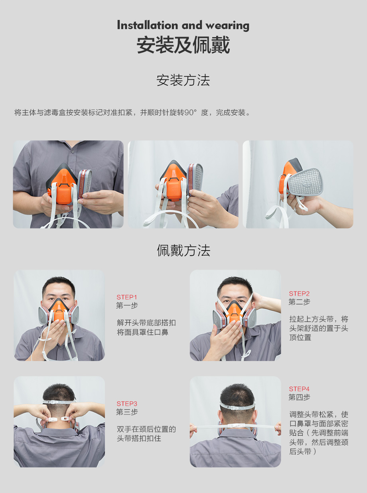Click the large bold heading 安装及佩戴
(x=183, y=45)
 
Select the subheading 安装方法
(x=183, y=80)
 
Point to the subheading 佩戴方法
(x=183, y=250)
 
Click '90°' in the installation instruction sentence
(x=191, y=112)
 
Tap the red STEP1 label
(x=127, y=297)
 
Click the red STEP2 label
(x=299, y=294)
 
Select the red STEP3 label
(x=127, y=404)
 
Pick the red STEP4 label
(x=299, y=389)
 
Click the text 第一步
(x=127, y=306)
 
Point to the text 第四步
(x=299, y=397)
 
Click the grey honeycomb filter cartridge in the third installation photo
(x=306, y=182)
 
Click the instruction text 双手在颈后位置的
(x=146, y=429)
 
